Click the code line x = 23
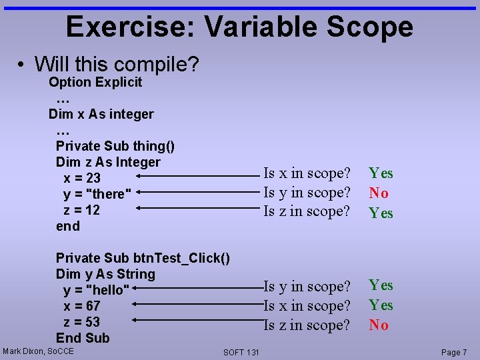coord(82,178)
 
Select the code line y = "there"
coord(94,194)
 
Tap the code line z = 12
coord(81,210)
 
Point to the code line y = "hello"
coord(96,290)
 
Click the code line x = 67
coord(81,306)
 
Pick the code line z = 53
coord(81,322)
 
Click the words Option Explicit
coord(95,83)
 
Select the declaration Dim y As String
coord(105,274)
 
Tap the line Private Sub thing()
coord(115,146)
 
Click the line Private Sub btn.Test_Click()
coord(143,258)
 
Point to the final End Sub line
coord(83,338)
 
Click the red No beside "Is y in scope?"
coord(379,193)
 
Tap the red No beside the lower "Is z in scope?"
coord(379,325)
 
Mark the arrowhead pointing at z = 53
coord(136,321)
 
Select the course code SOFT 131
coord(241,352)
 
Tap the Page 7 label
coord(454,352)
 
